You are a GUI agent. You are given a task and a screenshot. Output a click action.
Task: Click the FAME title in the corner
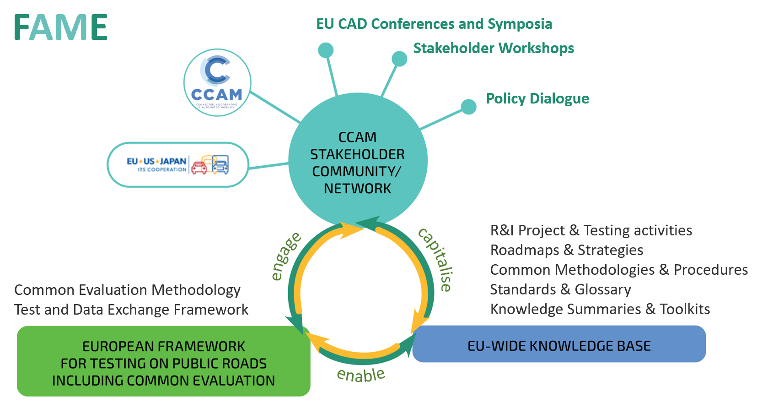point(60,27)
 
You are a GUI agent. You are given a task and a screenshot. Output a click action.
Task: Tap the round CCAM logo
point(217,82)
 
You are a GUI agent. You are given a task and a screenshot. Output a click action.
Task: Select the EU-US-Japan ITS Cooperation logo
point(178,165)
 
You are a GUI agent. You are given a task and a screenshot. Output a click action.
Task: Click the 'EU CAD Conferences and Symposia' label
point(434,24)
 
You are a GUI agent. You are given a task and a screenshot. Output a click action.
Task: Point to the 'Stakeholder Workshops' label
point(494,48)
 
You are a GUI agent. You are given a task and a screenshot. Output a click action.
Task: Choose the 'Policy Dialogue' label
point(537,98)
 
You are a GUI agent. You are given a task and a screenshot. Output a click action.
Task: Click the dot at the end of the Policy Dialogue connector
point(468,107)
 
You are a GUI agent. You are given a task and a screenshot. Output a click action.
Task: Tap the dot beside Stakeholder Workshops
point(399,59)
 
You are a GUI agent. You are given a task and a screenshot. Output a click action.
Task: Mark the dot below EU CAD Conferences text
point(326,50)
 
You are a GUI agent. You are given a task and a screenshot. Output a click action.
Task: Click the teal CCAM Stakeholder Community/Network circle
point(358,160)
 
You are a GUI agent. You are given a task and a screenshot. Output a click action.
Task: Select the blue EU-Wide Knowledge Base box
point(559,344)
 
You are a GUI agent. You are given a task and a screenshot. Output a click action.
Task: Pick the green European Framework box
point(163,362)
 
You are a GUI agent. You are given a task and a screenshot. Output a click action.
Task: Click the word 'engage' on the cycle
point(285,256)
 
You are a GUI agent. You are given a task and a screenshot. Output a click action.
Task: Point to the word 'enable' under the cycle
point(361,375)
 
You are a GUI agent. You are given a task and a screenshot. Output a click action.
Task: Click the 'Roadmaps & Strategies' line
point(567,250)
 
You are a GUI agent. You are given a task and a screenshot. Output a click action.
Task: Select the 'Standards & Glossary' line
point(560,289)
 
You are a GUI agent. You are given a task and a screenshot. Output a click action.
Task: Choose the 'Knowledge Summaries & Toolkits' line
point(600,309)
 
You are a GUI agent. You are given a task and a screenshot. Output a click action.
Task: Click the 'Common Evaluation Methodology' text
point(127,290)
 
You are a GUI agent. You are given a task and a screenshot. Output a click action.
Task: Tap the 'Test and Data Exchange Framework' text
point(131,310)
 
